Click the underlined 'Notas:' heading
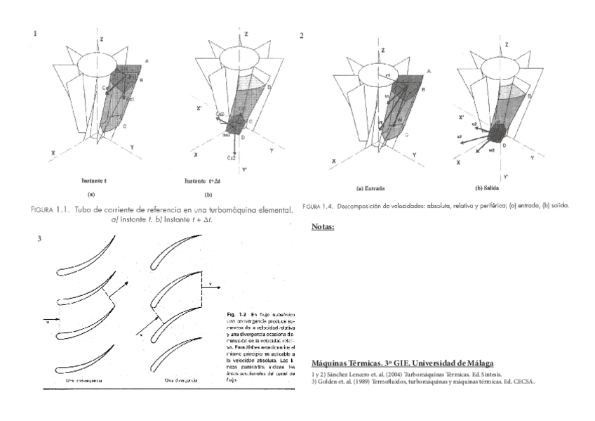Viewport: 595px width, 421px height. click(x=322, y=227)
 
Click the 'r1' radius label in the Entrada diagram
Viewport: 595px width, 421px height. click(x=387, y=74)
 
